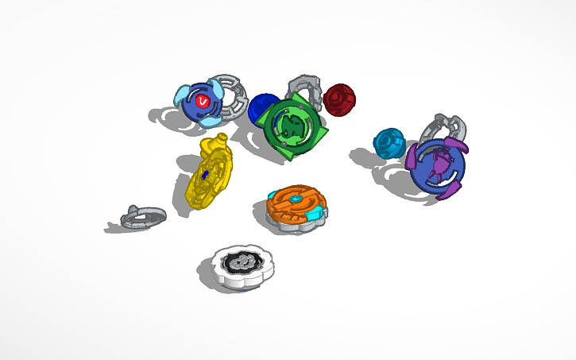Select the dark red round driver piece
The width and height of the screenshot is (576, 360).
[339, 99]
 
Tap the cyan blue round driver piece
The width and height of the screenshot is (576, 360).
[389, 142]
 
